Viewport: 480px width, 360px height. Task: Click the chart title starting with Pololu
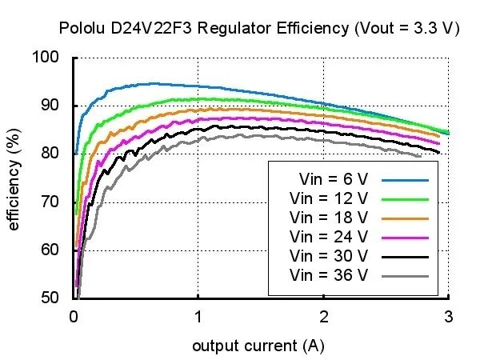point(259,28)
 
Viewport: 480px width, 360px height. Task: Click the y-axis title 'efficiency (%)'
point(14,177)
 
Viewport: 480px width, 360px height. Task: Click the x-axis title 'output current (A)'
point(258,346)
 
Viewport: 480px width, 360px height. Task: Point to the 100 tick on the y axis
point(48,58)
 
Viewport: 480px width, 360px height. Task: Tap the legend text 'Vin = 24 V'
point(329,237)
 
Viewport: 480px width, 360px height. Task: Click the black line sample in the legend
point(406,257)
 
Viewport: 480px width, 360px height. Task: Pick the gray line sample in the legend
point(406,276)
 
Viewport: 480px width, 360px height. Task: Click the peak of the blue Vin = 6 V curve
point(148,83)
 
